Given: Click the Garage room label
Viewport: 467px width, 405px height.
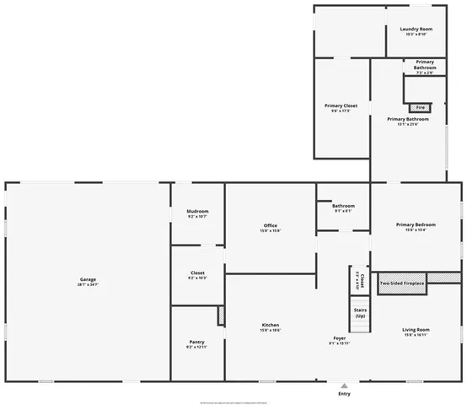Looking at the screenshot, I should click(88, 279).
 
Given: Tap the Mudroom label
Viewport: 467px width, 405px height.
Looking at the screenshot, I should click(197, 211).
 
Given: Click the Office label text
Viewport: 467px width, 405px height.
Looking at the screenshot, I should click(271, 225).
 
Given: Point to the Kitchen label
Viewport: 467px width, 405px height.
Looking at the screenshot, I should click(271, 325).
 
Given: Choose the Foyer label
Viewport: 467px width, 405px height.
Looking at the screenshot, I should click(339, 337).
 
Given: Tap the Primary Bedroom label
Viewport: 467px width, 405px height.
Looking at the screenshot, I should click(416, 224).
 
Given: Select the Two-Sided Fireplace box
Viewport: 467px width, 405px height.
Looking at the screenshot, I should click(402, 283).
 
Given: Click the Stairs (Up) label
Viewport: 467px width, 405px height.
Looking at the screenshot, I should click(360, 312).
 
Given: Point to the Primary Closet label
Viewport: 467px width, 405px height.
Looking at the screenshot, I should click(340, 105).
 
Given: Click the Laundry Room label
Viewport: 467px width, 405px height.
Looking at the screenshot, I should click(416, 29).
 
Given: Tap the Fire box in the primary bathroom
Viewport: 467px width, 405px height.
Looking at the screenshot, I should click(420, 108).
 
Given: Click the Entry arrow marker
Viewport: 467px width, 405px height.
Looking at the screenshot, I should click(343, 385).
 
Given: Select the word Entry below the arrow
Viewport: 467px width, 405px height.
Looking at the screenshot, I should click(344, 394).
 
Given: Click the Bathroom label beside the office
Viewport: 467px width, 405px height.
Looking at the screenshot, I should click(343, 206).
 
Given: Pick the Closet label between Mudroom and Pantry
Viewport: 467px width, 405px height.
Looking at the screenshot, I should click(197, 273).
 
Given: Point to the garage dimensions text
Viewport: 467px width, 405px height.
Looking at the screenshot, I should click(89, 285).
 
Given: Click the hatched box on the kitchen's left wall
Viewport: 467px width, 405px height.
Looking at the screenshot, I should click(222, 316).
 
